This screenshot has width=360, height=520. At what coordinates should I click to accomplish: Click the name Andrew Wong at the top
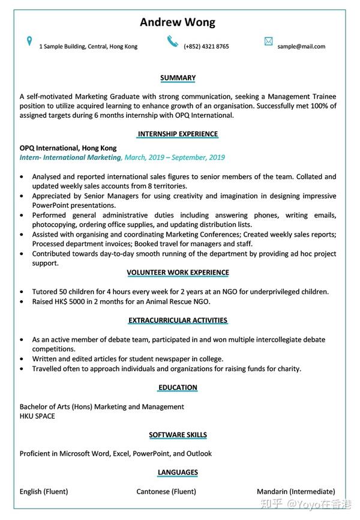[x=178, y=23]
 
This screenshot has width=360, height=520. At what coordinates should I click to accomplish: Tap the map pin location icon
[x=29, y=41]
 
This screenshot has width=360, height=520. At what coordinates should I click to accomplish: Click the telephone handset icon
[x=173, y=41]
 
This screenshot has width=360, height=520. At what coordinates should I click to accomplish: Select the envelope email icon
[x=268, y=41]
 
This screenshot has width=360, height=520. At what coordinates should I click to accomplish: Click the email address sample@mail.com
[x=301, y=46]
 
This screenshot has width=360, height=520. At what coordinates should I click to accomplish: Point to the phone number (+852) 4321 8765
[x=206, y=46]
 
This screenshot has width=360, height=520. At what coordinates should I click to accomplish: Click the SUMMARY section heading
[x=178, y=77]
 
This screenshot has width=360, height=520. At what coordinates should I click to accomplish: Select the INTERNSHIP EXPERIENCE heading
[x=178, y=133]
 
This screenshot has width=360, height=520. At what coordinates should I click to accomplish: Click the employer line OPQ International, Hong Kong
[x=68, y=148]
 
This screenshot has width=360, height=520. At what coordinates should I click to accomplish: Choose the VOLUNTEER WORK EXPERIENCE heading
[x=178, y=272]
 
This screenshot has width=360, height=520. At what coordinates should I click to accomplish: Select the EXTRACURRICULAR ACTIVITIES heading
[x=178, y=320]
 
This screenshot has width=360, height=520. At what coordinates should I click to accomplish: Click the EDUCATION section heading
[x=178, y=387]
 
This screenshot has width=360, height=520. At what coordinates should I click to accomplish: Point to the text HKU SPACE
[x=37, y=416]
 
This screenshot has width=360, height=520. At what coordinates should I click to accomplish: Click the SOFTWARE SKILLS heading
[x=178, y=435]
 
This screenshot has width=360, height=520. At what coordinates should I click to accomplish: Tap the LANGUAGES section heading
[x=178, y=472]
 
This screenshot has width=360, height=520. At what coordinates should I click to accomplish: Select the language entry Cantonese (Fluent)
[x=166, y=491]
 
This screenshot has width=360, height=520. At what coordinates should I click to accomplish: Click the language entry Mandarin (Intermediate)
[x=296, y=491]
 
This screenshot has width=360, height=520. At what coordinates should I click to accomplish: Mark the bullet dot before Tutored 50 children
[x=23, y=292]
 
